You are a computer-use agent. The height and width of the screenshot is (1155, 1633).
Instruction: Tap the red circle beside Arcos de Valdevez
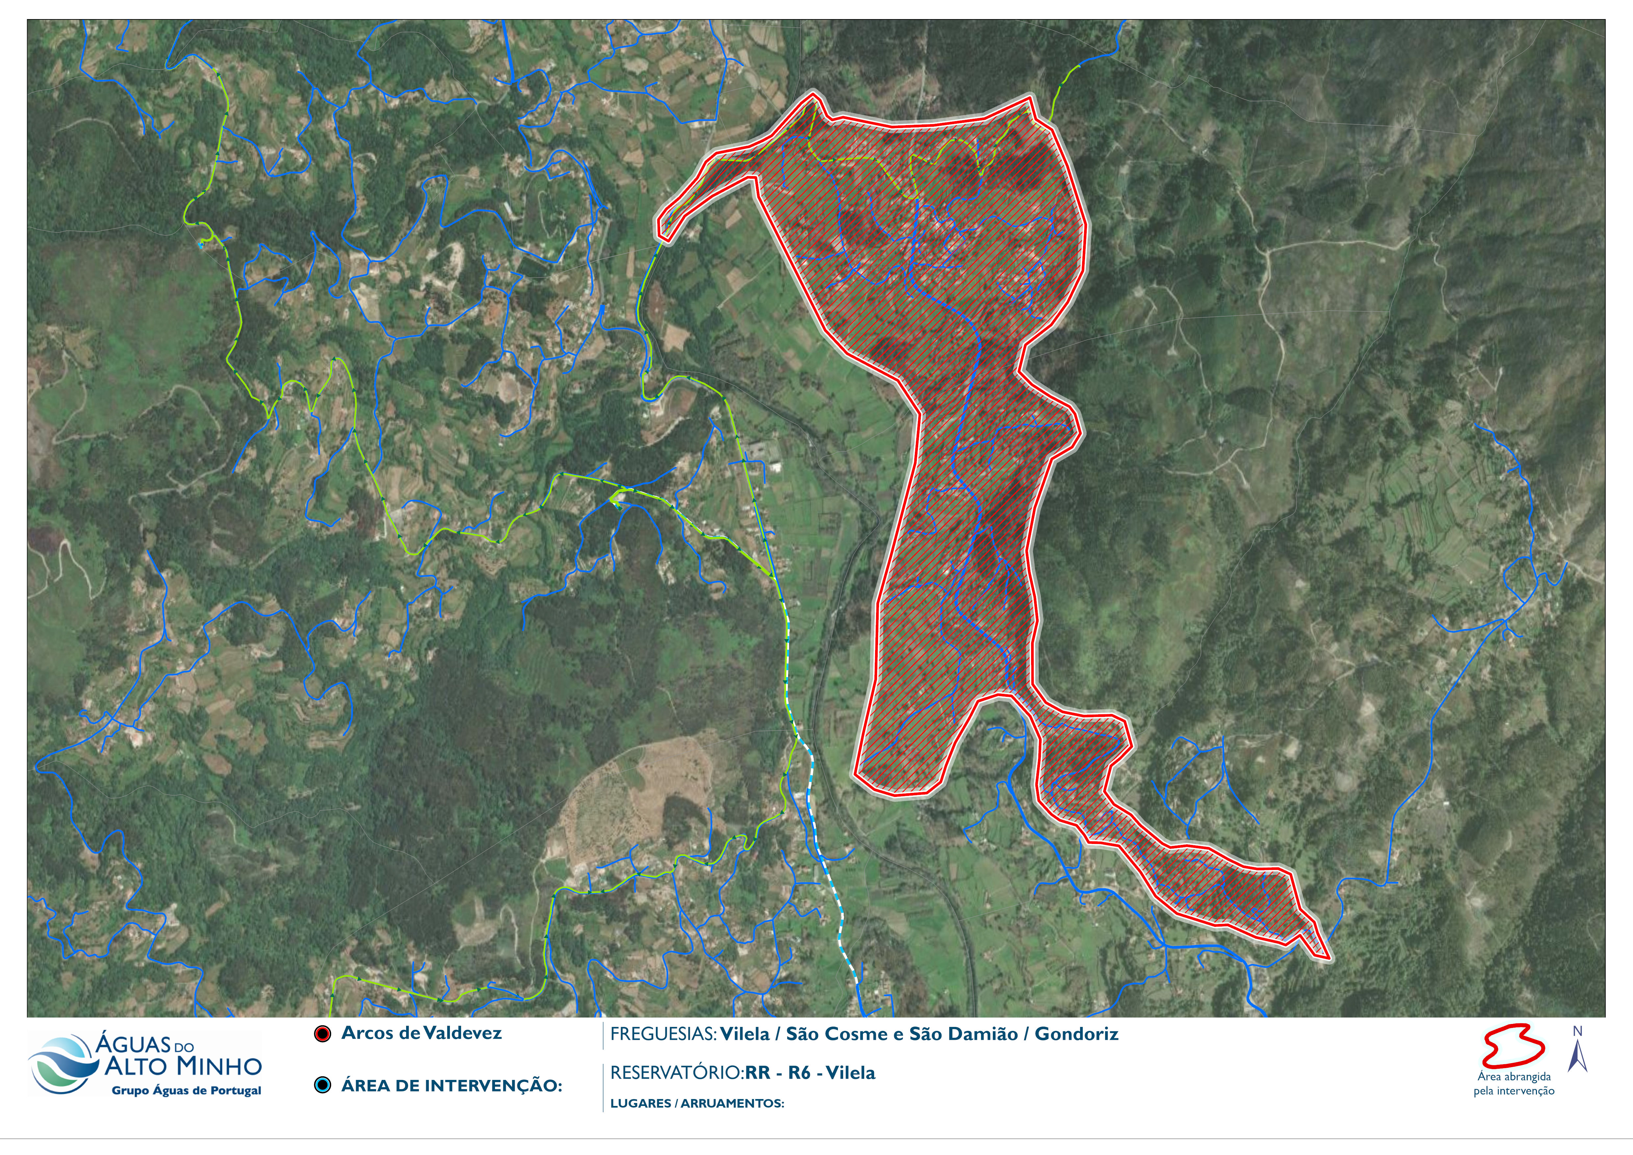pyautogui.click(x=323, y=1035)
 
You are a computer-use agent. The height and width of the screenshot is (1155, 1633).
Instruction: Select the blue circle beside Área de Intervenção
pyautogui.click(x=323, y=1085)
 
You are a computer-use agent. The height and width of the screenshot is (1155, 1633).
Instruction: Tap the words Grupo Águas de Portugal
pyautogui.click(x=186, y=1091)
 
